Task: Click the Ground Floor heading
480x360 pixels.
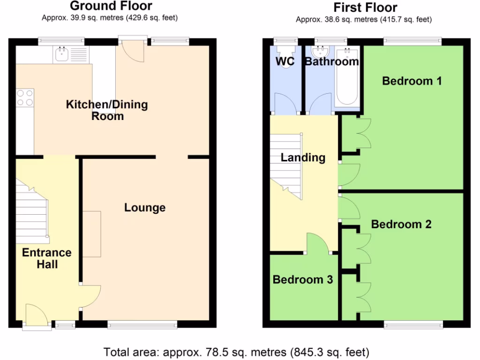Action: [111, 6]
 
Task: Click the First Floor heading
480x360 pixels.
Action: [365, 7]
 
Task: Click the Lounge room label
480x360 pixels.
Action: [145, 207]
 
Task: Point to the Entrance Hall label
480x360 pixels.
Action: [47, 258]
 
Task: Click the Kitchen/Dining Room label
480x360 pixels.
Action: [107, 110]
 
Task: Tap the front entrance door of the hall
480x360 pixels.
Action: [37, 315]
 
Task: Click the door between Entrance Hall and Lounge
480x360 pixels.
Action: [90, 296]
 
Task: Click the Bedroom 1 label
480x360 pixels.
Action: [412, 81]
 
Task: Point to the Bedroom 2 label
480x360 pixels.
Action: [401, 225]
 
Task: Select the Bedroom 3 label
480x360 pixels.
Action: [303, 280]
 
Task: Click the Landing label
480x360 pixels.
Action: [303, 157]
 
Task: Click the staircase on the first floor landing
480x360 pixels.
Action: [286, 164]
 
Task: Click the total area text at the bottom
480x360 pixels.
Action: [236, 352]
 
